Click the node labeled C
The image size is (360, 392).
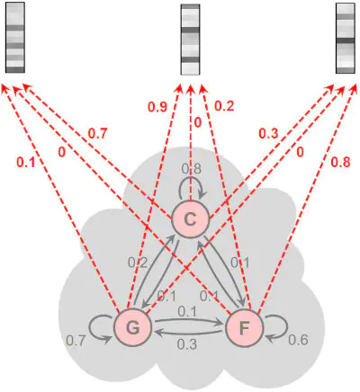[190, 220]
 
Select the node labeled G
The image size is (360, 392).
[132, 328]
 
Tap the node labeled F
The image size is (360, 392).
[245, 328]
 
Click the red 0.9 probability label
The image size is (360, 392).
[157, 107]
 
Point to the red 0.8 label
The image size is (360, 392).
[340, 162]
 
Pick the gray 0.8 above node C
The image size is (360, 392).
[192, 169]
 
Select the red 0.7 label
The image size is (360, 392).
[97, 134]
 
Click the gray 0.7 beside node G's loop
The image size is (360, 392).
[76, 341]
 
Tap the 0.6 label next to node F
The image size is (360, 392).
[298, 340]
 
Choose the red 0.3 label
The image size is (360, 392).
[268, 134]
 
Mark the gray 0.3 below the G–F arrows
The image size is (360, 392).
[187, 344]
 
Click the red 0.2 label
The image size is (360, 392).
[224, 106]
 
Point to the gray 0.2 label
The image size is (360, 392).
[138, 263]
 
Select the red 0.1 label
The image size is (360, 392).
[26, 162]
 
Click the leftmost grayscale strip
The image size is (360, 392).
[15, 37]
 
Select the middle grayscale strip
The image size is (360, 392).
[190, 40]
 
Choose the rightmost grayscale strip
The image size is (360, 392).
[346, 38]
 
